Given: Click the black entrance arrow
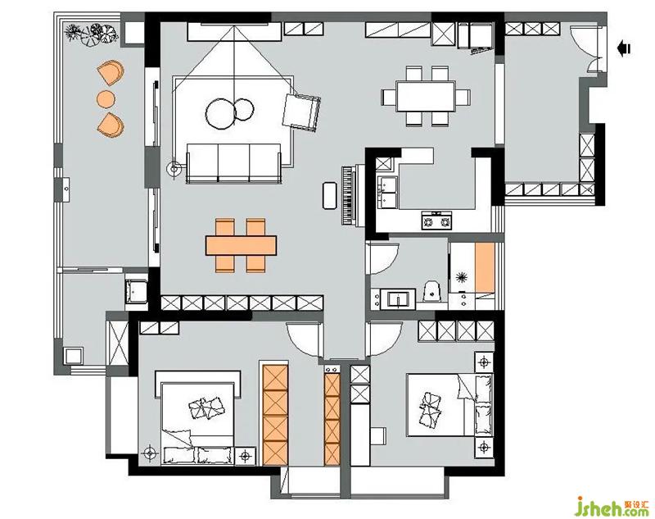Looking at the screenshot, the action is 624,48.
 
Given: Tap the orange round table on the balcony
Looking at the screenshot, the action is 106,99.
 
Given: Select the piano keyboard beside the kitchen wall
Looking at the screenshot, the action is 347,196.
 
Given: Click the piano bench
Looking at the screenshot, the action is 330,195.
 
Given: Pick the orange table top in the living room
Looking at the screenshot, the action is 241,245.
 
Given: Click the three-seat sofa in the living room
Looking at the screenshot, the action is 233,163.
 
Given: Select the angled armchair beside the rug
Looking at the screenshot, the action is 301,112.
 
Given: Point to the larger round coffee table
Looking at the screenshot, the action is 221,113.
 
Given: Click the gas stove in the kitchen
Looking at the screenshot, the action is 436,220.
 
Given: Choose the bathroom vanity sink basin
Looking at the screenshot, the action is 398,300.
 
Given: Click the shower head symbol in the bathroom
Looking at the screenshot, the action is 461,277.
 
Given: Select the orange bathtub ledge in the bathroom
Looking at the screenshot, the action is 485,267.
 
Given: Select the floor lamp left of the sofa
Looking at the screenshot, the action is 174,170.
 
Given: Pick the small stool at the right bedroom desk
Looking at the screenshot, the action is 378,437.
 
